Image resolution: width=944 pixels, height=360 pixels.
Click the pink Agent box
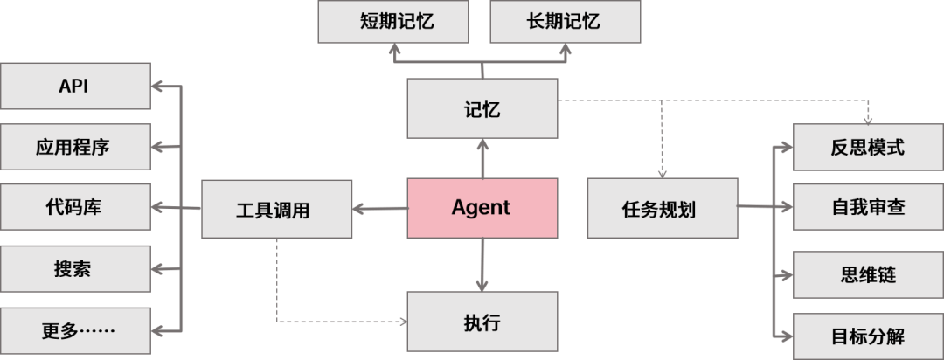pos(482,208)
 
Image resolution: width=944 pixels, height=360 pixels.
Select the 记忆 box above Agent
pos(482,108)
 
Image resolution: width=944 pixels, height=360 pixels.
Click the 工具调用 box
pos(277,209)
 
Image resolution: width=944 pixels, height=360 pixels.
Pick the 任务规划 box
pos(662,208)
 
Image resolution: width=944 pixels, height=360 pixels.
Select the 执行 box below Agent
pos(482,321)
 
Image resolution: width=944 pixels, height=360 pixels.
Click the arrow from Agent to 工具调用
pos(380,209)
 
